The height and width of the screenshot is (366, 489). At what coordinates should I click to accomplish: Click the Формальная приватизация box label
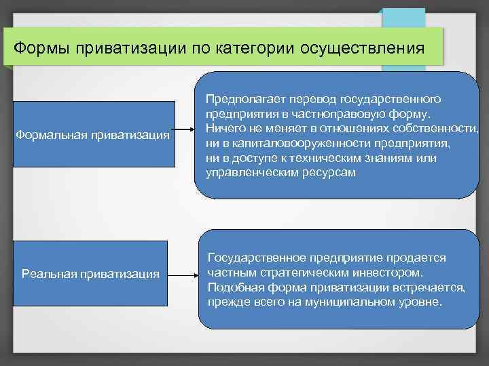coord(92,134)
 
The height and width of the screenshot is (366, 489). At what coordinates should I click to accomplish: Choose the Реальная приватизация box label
coord(91,273)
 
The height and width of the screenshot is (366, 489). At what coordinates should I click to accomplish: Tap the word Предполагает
coord(240,100)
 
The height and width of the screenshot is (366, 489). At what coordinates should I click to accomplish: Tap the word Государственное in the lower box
coord(257,258)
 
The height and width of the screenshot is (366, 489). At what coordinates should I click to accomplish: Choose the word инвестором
coord(391,273)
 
